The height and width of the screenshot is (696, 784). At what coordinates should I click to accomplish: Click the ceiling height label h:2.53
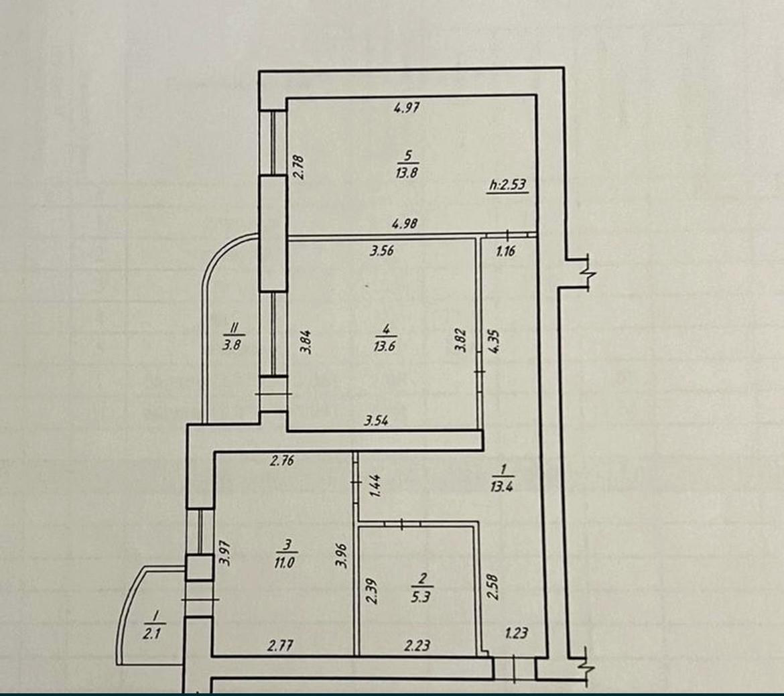point(507,185)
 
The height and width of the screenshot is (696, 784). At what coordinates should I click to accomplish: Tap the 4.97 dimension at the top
point(407,107)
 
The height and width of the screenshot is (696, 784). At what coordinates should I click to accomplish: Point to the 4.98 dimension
point(405,224)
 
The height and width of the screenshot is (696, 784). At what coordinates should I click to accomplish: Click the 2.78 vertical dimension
point(298,167)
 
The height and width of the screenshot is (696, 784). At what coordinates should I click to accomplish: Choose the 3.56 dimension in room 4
point(382,251)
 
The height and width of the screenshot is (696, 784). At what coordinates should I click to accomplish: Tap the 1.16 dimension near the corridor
point(505,251)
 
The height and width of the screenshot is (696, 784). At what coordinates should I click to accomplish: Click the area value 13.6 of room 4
point(384,346)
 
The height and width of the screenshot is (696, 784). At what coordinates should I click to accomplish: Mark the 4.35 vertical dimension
point(495,341)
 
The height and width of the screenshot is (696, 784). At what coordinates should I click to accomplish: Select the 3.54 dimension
point(376,421)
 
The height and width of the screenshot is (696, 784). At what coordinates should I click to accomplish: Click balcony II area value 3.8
point(231,344)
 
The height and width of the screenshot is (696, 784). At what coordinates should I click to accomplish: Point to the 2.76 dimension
point(282,460)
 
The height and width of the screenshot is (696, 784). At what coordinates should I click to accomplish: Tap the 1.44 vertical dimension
point(375,486)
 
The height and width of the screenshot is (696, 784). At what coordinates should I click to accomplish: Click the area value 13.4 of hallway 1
point(501,486)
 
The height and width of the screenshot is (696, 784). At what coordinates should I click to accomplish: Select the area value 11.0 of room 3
point(284,563)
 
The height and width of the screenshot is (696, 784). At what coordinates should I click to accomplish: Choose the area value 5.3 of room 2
point(421,597)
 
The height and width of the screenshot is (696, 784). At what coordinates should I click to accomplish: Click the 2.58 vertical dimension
point(493,587)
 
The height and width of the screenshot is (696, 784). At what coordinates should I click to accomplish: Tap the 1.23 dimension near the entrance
point(517,633)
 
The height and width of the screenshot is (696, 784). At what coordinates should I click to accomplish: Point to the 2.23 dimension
point(417,646)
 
